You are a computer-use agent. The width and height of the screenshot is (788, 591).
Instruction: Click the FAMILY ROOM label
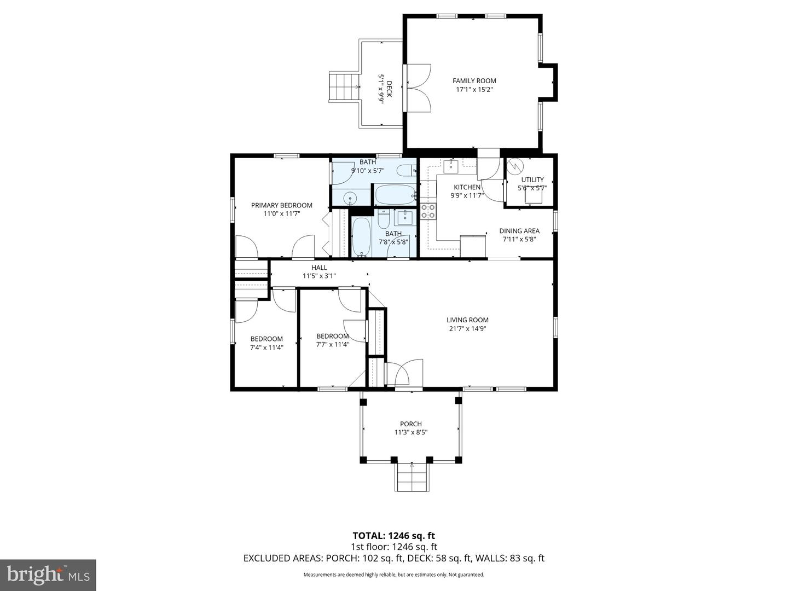tap(474, 81)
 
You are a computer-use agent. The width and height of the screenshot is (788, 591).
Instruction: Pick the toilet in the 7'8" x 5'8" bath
tap(384, 219)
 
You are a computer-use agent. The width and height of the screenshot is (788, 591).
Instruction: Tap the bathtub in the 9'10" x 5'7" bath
tap(395, 194)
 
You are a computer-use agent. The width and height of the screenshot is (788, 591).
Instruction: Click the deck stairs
tap(343, 87)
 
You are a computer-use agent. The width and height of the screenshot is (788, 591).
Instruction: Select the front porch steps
tap(412, 477)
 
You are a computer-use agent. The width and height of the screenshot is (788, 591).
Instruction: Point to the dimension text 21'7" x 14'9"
tap(467, 329)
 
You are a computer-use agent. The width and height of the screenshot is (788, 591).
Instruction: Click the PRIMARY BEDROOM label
tap(281, 205)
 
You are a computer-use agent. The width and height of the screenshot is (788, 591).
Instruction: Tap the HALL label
tap(319, 268)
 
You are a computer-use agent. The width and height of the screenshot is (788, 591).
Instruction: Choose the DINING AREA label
tap(519, 231)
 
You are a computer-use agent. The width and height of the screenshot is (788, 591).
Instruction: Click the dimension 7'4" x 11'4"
tap(266, 347)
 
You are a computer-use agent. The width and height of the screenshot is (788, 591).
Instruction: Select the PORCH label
tap(410, 424)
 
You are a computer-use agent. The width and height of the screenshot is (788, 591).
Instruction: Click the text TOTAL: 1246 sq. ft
tap(393, 536)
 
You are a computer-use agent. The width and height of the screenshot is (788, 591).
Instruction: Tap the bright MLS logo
tap(48, 575)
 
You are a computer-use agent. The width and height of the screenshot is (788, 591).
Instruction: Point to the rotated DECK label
tap(389, 89)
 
